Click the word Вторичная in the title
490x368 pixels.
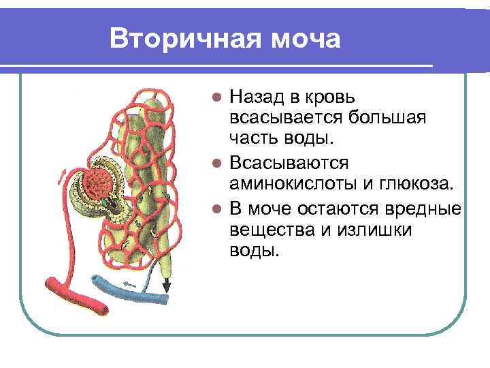point(174,39)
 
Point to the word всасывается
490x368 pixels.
point(285,119)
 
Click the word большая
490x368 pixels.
point(387,119)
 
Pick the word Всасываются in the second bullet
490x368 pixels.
point(290,163)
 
